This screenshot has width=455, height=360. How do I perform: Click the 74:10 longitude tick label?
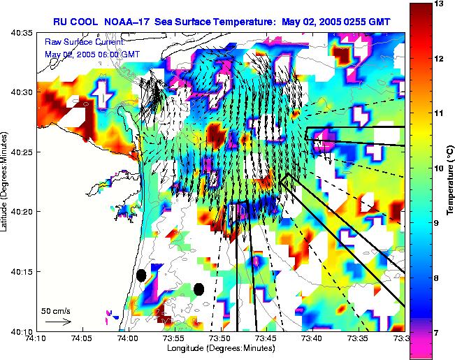pos(36,338)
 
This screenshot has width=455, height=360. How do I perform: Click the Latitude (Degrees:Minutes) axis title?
pos(5,182)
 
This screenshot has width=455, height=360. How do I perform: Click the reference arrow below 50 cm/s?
pos(57,322)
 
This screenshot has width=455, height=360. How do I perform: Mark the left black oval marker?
pos(141,275)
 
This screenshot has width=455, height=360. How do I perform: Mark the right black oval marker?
pos(198,289)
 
